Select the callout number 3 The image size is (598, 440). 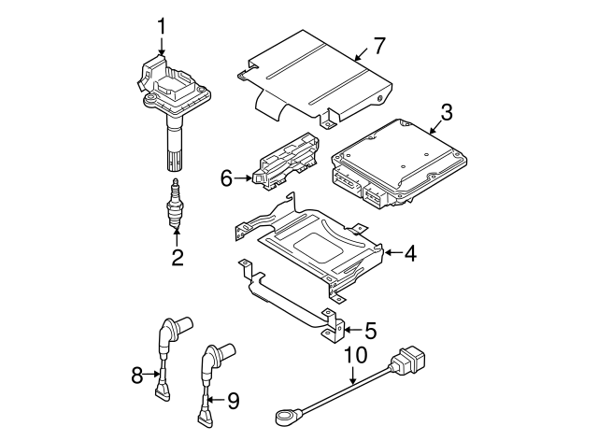(x=446, y=114)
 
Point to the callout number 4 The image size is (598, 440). (x=410, y=251)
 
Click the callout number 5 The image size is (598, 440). (x=370, y=329)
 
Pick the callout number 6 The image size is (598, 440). (x=225, y=176)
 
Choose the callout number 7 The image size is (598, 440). (x=378, y=44)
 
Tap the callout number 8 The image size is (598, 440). (x=137, y=375)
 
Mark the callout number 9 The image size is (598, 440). (x=233, y=401)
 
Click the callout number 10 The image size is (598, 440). (x=352, y=356)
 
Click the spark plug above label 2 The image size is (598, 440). (x=172, y=201)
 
